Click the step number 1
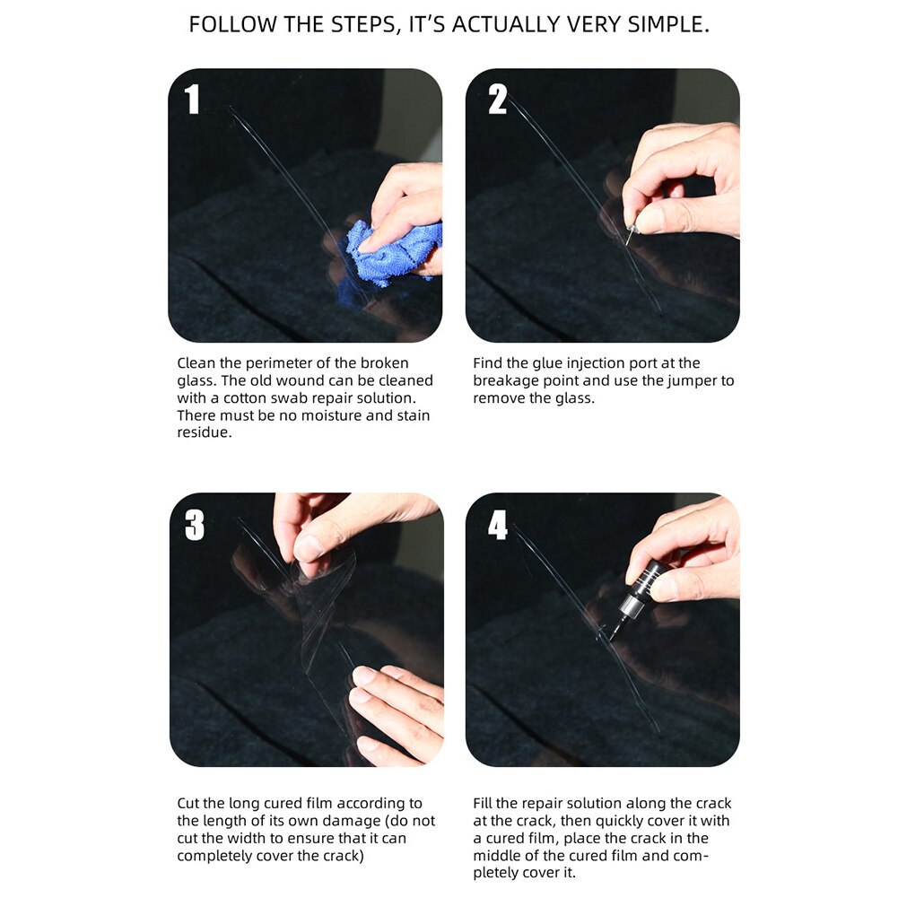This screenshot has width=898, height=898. tap(192, 100)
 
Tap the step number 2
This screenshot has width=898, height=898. tap(498, 100)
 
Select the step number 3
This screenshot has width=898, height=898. tap(195, 526)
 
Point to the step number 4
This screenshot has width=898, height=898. tap(498, 526)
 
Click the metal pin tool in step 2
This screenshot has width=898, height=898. tap(629, 236)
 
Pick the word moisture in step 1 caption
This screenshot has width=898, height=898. tap(310, 415)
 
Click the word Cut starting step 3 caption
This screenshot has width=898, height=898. tap(189, 803)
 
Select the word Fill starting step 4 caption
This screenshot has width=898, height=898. tap(485, 803)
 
